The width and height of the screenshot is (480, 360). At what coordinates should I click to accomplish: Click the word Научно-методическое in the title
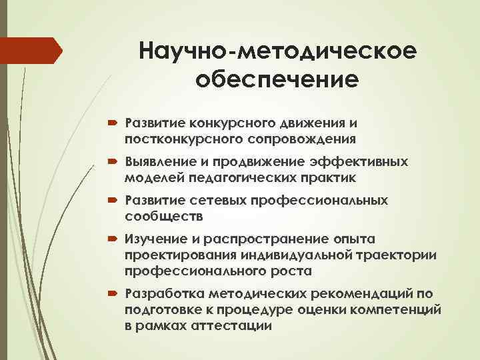pyautogui.click(x=277, y=50)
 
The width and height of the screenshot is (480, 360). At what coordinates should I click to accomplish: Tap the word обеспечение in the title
pyautogui.click(x=277, y=80)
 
